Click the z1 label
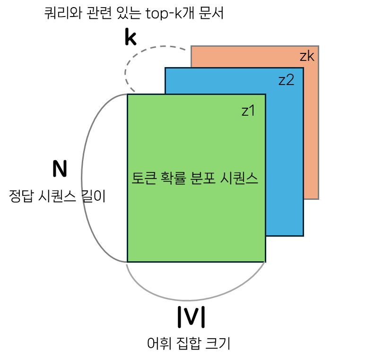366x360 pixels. pos(248,111)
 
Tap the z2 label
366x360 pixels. pos(286,80)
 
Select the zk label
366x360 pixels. pos(307,57)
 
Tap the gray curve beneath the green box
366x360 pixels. pos(189,300)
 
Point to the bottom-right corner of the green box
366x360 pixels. pos(265,261)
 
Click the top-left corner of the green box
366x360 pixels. pos(128,94)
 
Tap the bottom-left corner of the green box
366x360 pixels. pos(128,261)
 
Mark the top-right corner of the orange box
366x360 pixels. pos(318,46)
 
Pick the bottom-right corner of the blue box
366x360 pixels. pos(303,235)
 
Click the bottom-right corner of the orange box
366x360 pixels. pos(318,199)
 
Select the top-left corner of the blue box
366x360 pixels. pos(166,68)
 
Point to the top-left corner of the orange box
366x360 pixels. pos(191,46)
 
